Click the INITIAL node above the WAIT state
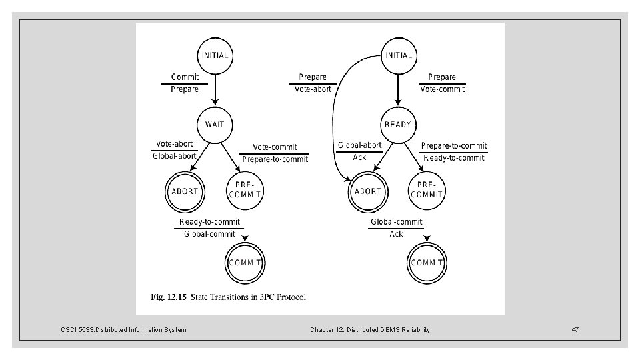[215, 55]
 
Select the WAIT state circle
[215, 125]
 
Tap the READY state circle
[398, 125]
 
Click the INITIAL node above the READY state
[398, 55]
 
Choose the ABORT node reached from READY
[367, 191]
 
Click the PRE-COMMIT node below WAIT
[245, 191]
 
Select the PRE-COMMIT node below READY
[427, 191]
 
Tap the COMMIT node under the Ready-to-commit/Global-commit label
[245, 262]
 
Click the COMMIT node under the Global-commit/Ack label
[427, 262]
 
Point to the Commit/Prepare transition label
[185, 83]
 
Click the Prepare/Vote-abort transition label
[312, 83]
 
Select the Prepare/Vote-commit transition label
[442, 83]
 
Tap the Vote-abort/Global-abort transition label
[175, 150]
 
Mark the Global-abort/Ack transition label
[359, 151]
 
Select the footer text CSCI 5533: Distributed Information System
[124, 330]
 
